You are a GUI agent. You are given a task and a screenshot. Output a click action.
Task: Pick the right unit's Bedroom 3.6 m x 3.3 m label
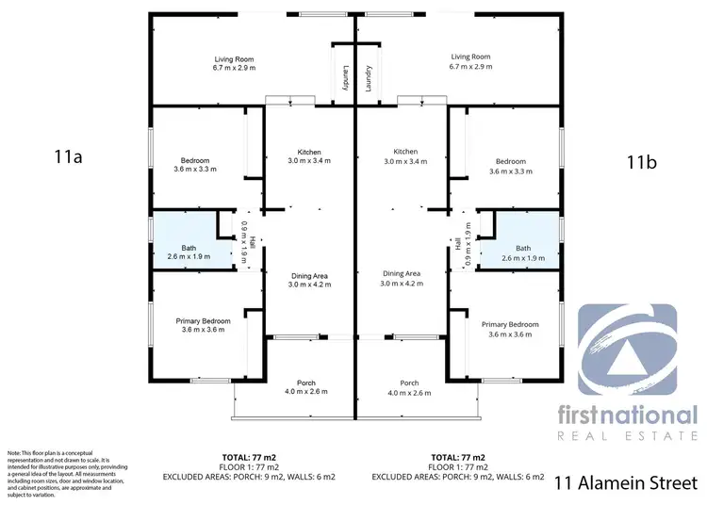point(510,167)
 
